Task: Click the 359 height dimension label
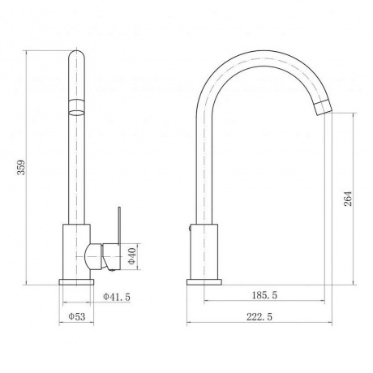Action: pyautogui.click(x=21, y=168)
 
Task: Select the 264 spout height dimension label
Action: pyautogui.click(x=348, y=199)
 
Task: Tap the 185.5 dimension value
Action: pyautogui.click(x=264, y=295)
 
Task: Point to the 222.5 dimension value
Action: pyautogui.click(x=259, y=317)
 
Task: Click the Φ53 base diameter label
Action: pyautogui.click(x=77, y=316)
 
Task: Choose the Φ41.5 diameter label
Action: pyautogui.click(x=117, y=297)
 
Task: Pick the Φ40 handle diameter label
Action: pyautogui.click(x=131, y=256)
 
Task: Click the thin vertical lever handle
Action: pyautogui.click(x=119, y=225)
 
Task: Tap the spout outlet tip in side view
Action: pyautogui.click(x=324, y=108)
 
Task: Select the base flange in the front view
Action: pyautogui.click(x=76, y=282)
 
